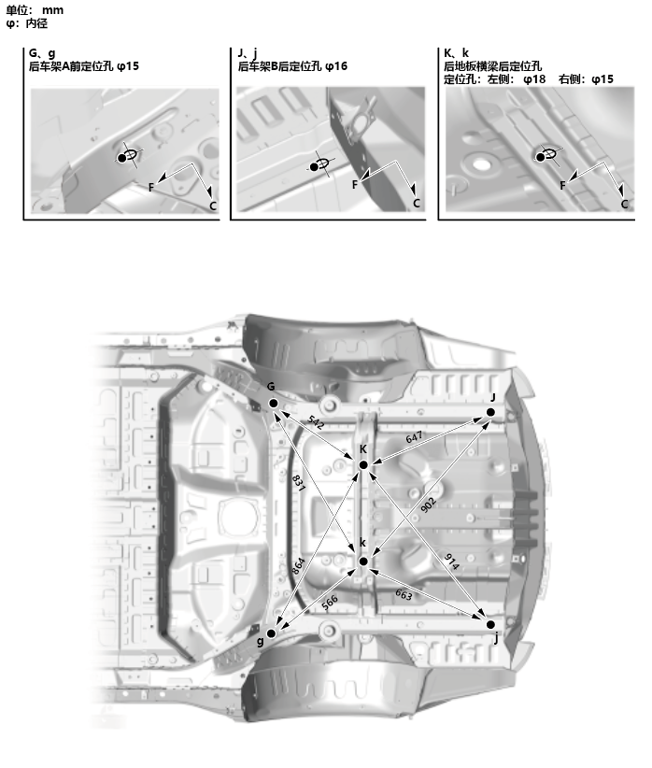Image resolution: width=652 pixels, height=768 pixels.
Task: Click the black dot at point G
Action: pos(274,403)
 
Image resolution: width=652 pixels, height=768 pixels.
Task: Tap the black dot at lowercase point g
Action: pos(271,633)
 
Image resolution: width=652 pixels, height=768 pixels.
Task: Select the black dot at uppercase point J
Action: pos(492,411)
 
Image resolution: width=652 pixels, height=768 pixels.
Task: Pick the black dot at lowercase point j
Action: pos(491,623)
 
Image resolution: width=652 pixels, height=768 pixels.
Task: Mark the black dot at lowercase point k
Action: pos(363,561)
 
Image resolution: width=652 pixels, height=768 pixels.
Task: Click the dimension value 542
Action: pos(317,423)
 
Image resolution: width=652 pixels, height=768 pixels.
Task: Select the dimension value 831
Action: pos(298,483)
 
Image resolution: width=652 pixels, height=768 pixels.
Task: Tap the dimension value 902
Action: pos(430,502)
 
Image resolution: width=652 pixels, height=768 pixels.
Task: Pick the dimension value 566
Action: pos(330,603)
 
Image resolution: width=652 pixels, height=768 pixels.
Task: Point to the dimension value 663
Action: pos(404,594)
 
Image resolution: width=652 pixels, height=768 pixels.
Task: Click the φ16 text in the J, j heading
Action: pos(336,66)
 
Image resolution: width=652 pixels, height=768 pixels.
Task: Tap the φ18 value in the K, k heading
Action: pos(534,79)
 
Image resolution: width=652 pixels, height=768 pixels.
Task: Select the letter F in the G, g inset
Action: pos(151,187)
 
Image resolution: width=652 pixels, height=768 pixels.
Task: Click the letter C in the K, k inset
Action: pos(624,204)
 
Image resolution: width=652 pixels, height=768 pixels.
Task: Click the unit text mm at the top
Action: pos(52,9)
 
